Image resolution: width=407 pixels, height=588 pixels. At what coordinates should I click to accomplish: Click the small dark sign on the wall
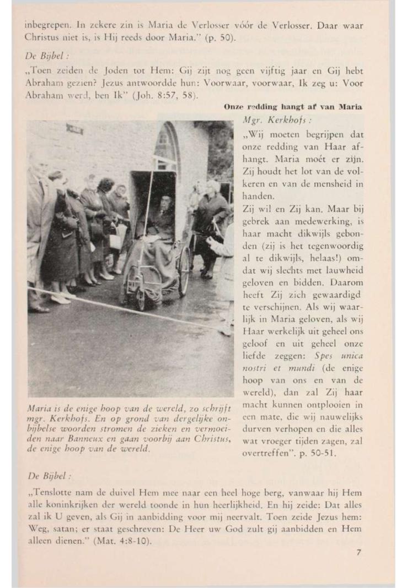click(x=75, y=130)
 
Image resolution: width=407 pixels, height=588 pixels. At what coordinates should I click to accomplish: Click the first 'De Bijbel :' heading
click(x=45, y=56)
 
